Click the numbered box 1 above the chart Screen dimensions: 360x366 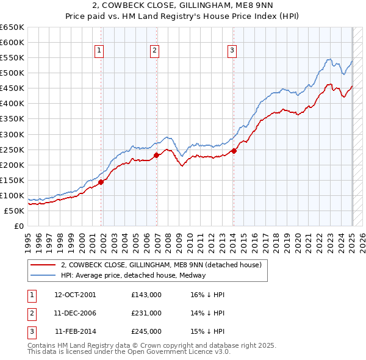[x=99, y=51]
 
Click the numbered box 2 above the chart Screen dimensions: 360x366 [x=155, y=51]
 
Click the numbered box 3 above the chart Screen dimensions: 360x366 [x=232, y=51]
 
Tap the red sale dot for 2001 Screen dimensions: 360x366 [x=101, y=181]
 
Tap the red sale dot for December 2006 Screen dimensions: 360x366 [x=156, y=155]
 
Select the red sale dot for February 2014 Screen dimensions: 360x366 [x=234, y=151]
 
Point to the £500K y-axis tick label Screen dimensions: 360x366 [x=12, y=73]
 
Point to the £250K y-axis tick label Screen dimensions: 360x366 [x=12, y=149]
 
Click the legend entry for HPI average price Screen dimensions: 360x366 [x=133, y=275]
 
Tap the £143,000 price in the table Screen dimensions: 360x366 [x=146, y=295]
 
